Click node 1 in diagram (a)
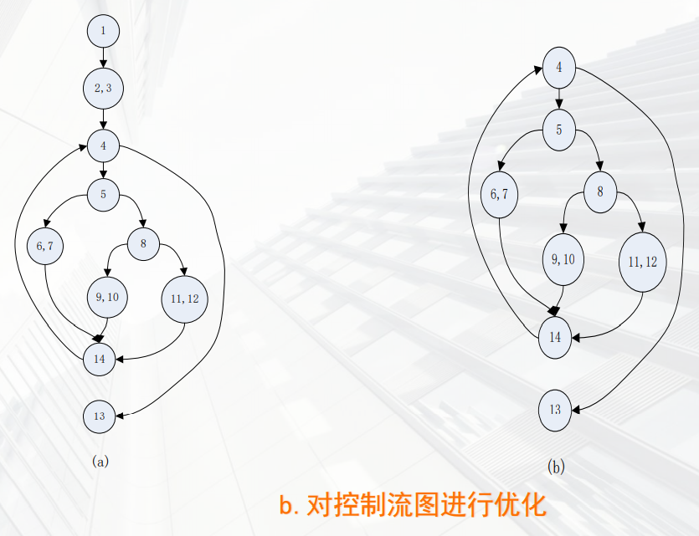pos(103,31)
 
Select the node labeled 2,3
pos(103,89)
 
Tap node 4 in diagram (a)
pos(103,145)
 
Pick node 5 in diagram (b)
pos(558,129)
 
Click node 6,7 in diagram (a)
pos(45,245)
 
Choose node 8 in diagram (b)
pos(600,191)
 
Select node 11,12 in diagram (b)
pos(642,262)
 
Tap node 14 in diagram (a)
pos(100,359)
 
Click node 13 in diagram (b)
pos(555,410)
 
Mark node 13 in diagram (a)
pos(100,416)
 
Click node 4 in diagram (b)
pos(558,67)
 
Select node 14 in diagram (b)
pos(555,337)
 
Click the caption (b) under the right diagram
pos(556,467)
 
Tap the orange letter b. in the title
pos(288,505)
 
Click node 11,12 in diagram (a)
pos(183,298)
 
